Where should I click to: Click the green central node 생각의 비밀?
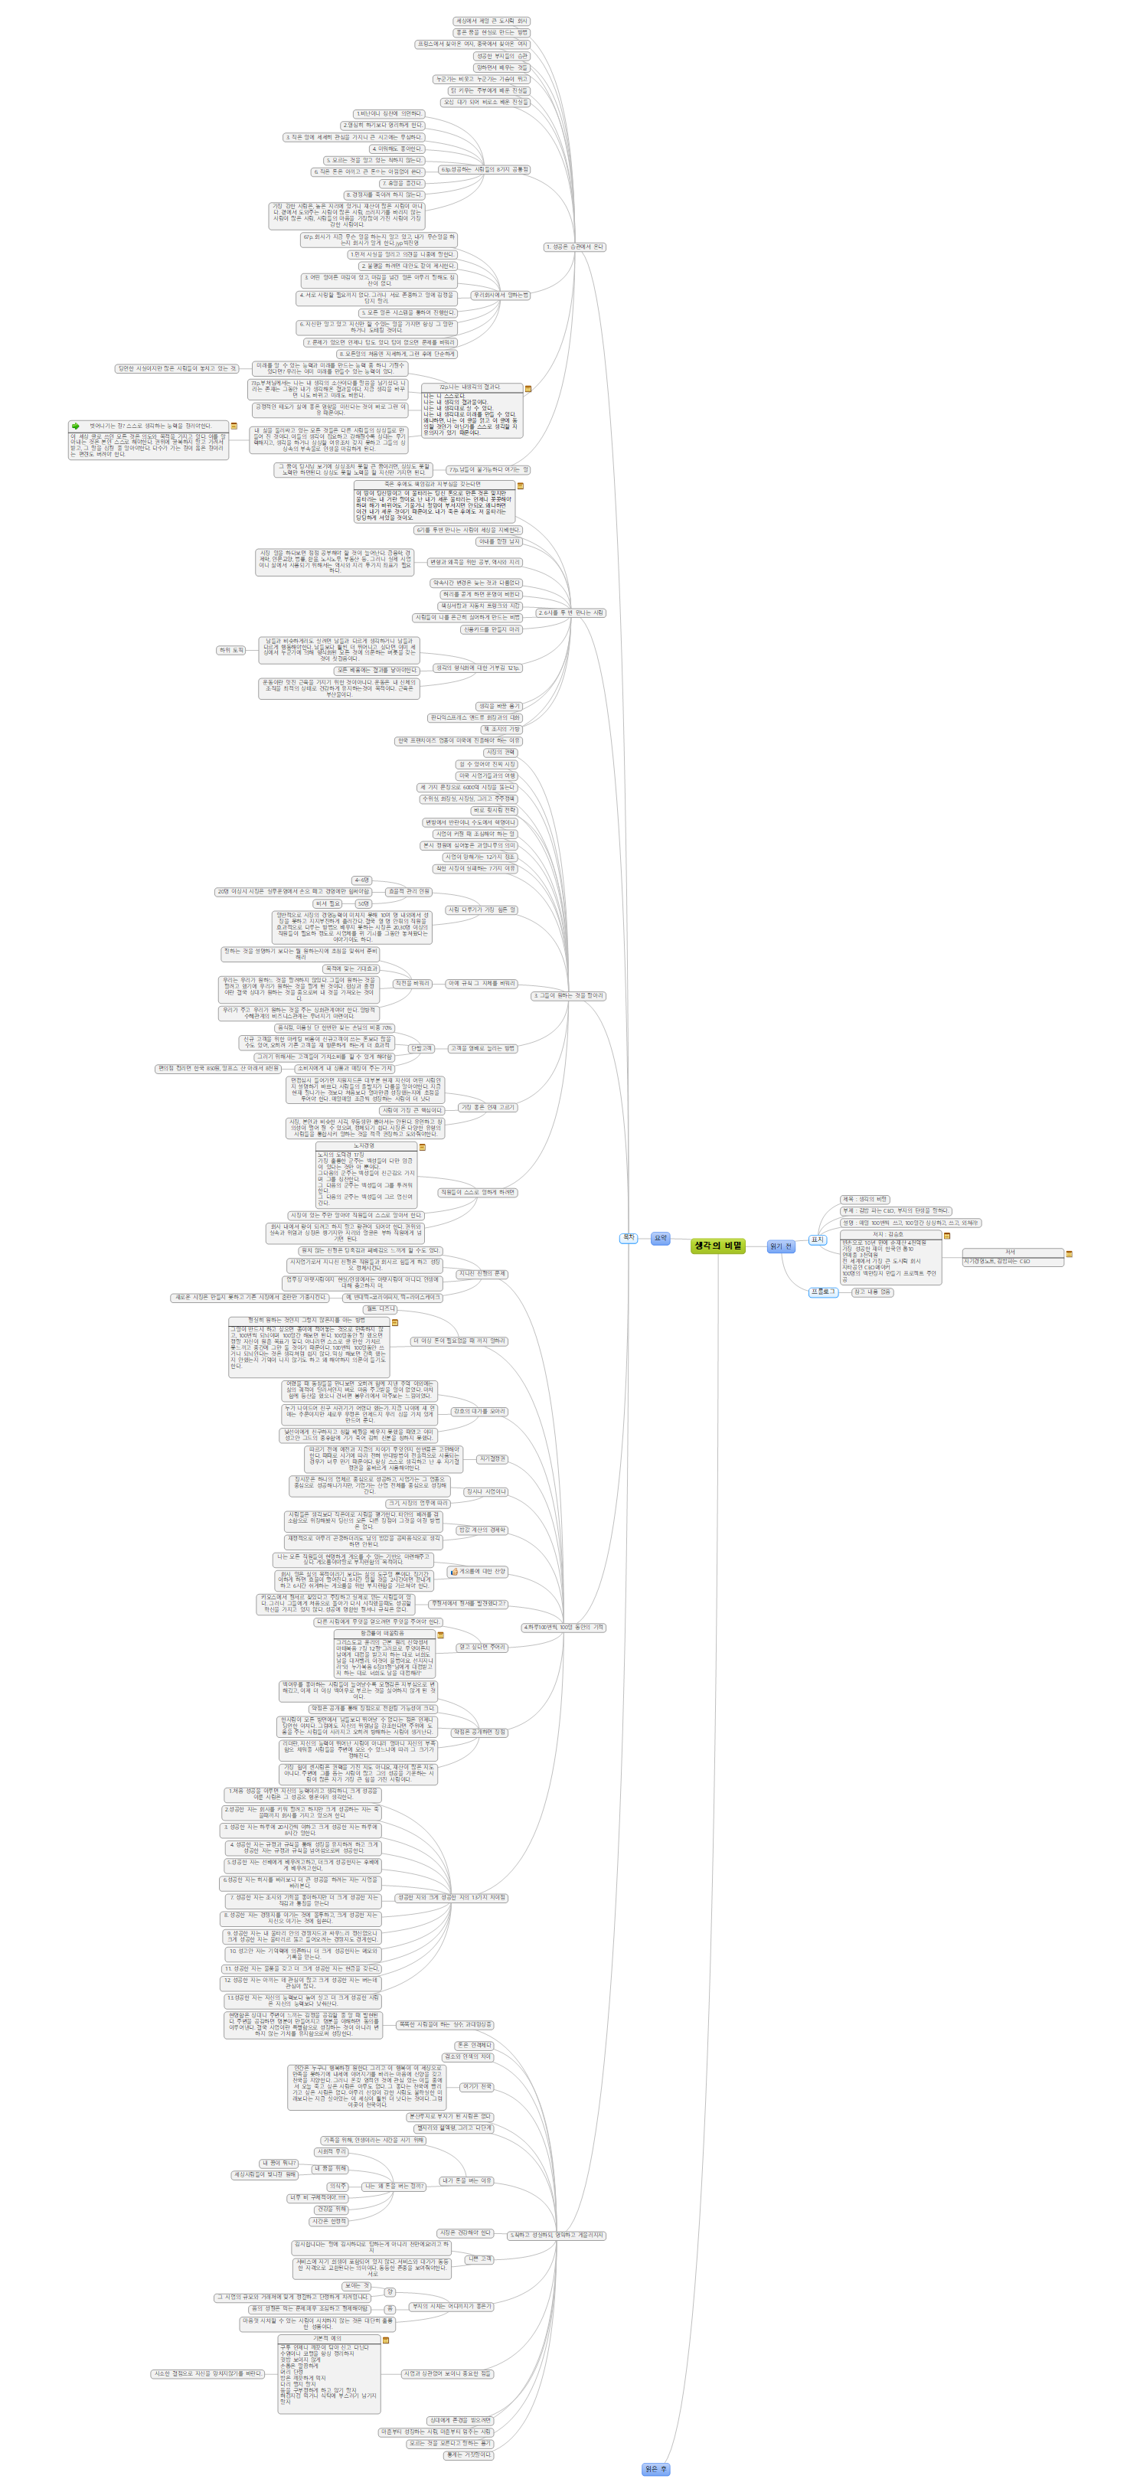718,1246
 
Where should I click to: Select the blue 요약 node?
660,1238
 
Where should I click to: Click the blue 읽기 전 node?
780,1247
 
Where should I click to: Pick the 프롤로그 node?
822,1292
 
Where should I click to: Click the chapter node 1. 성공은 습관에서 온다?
574,247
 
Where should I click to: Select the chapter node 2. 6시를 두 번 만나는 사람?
570,612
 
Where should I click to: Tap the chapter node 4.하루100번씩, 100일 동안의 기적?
563,1627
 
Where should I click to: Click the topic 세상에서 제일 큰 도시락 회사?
492,21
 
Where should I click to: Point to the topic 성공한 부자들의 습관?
501,56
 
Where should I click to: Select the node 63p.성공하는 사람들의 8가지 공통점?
484,169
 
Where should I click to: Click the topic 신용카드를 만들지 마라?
491,629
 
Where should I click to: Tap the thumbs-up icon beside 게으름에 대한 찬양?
453,1572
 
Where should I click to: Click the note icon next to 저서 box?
1070,1254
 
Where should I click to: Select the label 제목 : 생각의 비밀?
864,1199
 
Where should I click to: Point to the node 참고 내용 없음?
872,1292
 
